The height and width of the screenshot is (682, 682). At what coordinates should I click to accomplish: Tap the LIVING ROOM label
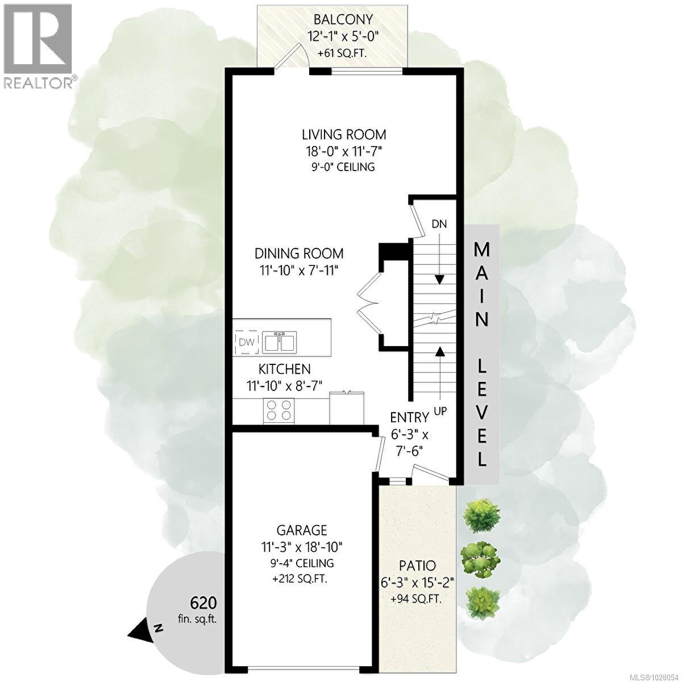(x=344, y=135)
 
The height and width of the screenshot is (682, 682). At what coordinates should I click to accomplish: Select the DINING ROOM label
(x=299, y=253)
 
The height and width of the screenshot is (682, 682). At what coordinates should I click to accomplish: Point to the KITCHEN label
(x=285, y=369)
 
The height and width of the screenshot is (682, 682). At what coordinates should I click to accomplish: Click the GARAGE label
(x=302, y=530)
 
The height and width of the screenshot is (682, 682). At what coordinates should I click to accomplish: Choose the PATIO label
(x=417, y=565)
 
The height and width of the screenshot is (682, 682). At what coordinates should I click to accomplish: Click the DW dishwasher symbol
(x=246, y=342)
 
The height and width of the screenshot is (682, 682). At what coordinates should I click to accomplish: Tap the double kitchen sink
(x=278, y=342)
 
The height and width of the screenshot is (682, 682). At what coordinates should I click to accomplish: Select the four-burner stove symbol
(x=279, y=410)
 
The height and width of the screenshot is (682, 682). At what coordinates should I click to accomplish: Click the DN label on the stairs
(x=439, y=224)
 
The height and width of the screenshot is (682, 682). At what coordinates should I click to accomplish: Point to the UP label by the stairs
(x=439, y=410)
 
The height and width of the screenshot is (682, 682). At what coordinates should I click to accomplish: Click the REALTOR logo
(x=38, y=45)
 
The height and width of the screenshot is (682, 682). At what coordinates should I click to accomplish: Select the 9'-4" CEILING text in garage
(x=302, y=563)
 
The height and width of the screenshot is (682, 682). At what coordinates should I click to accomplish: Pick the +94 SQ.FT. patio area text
(x=417, y=599)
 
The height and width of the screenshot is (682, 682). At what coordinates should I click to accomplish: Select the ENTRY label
(x=409, y=417)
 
